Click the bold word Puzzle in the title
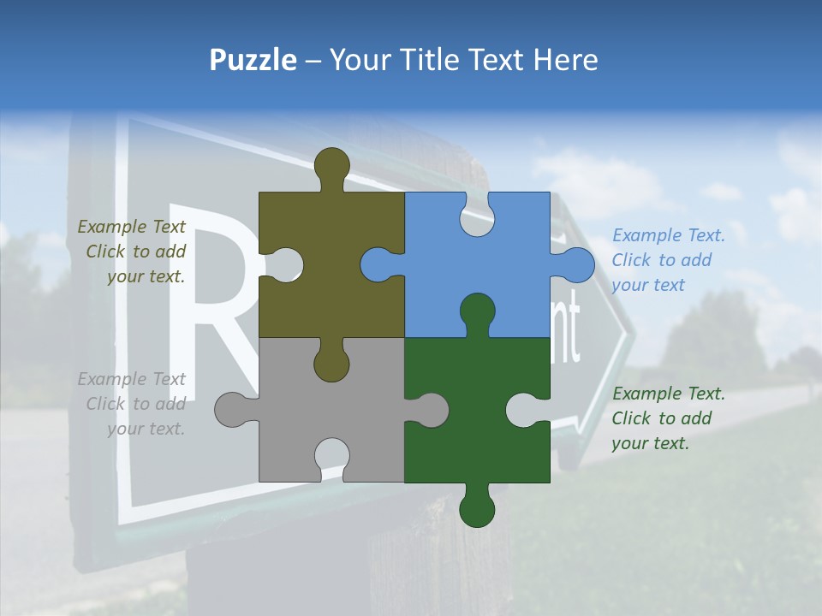click(253, 60)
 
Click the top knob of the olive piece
click(331, 167)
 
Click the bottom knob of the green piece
click(477, 508)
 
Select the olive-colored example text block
click(133, 252)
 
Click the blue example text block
click(668, 260)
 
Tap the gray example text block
click(133, 404)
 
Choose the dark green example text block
click(668, 418)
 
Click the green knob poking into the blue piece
click(477, 313)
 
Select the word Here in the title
click(565, 60)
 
